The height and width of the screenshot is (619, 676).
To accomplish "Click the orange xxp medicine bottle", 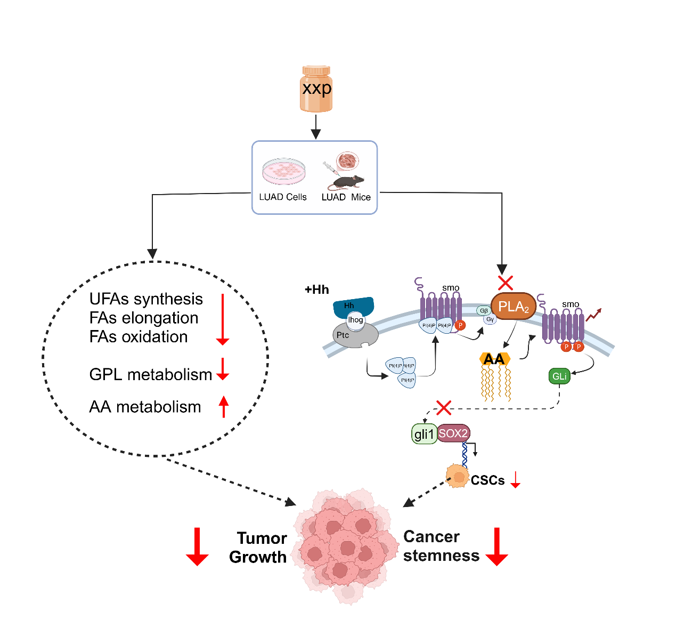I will (x=316, y=89).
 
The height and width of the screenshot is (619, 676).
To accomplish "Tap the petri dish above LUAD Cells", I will (x=284, y=171).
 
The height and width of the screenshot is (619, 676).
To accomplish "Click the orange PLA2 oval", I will (x=513, y=307).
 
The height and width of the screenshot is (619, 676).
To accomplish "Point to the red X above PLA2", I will (x=505, y=283).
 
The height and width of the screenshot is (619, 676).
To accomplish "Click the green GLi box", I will (x=559, y=376).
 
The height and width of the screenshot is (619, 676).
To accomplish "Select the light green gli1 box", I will (x=425, y=434).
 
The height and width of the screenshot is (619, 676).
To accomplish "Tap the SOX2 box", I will (x=453, y=433).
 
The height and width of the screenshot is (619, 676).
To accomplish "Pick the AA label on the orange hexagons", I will (x=494, y=359).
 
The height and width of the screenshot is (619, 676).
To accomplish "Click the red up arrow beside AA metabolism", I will (x=224, y=406).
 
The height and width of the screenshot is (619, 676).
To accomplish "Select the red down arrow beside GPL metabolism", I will (x=223, y=369).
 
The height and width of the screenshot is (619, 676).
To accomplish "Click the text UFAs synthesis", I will (x=146, y=299).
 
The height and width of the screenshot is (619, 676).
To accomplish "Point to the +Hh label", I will (x=317, y=290).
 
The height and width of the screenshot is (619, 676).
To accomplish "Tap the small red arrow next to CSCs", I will (x=515, y=480).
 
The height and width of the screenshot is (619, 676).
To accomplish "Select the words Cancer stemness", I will (x=441, y=546).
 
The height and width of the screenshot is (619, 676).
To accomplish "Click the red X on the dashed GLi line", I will (x=443, y=408).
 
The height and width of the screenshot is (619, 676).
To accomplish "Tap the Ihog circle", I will (x=355, y=320).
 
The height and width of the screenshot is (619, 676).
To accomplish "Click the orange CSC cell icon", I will (x=458, y=476).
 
